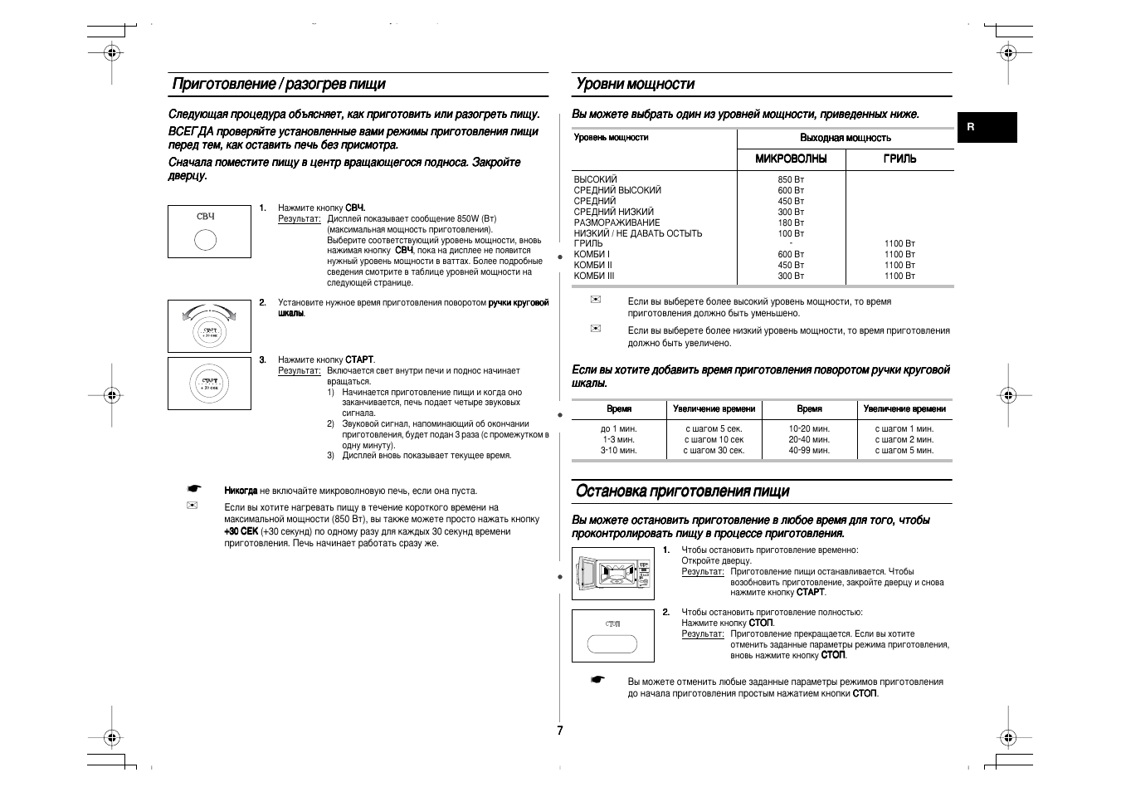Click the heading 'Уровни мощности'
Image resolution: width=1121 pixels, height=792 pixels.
click(635, 84)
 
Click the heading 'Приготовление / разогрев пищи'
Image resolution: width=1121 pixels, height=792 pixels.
click(279, 84)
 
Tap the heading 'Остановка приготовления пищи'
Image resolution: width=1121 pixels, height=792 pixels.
click(682, 491)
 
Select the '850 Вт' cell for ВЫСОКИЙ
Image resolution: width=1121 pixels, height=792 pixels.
click(791, 179)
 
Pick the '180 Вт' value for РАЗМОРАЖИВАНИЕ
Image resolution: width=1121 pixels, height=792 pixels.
click(791, 222)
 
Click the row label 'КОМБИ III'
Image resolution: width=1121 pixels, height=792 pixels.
click(594, 276)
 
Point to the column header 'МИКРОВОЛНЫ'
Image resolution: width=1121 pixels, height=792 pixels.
click(791, 159)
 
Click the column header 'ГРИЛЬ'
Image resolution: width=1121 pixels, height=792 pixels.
click(899, 159)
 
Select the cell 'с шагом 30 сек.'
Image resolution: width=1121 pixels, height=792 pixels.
click(714, 451)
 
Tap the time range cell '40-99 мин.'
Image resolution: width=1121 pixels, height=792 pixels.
click(809, 451)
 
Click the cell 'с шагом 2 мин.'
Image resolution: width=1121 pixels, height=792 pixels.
click(904, 440)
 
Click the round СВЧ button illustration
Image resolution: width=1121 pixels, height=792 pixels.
click(206, 240)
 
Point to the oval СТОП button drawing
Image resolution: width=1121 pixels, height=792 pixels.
click(612, 644)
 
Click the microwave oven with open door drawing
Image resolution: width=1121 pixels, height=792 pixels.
click(613, 573)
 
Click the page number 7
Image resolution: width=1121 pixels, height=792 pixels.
click(560, 731)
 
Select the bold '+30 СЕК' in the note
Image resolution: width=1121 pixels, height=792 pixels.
click(241, 531)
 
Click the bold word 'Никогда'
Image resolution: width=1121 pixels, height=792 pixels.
click(241, 491)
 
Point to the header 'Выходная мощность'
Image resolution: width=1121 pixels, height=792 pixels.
click(845, 138)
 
